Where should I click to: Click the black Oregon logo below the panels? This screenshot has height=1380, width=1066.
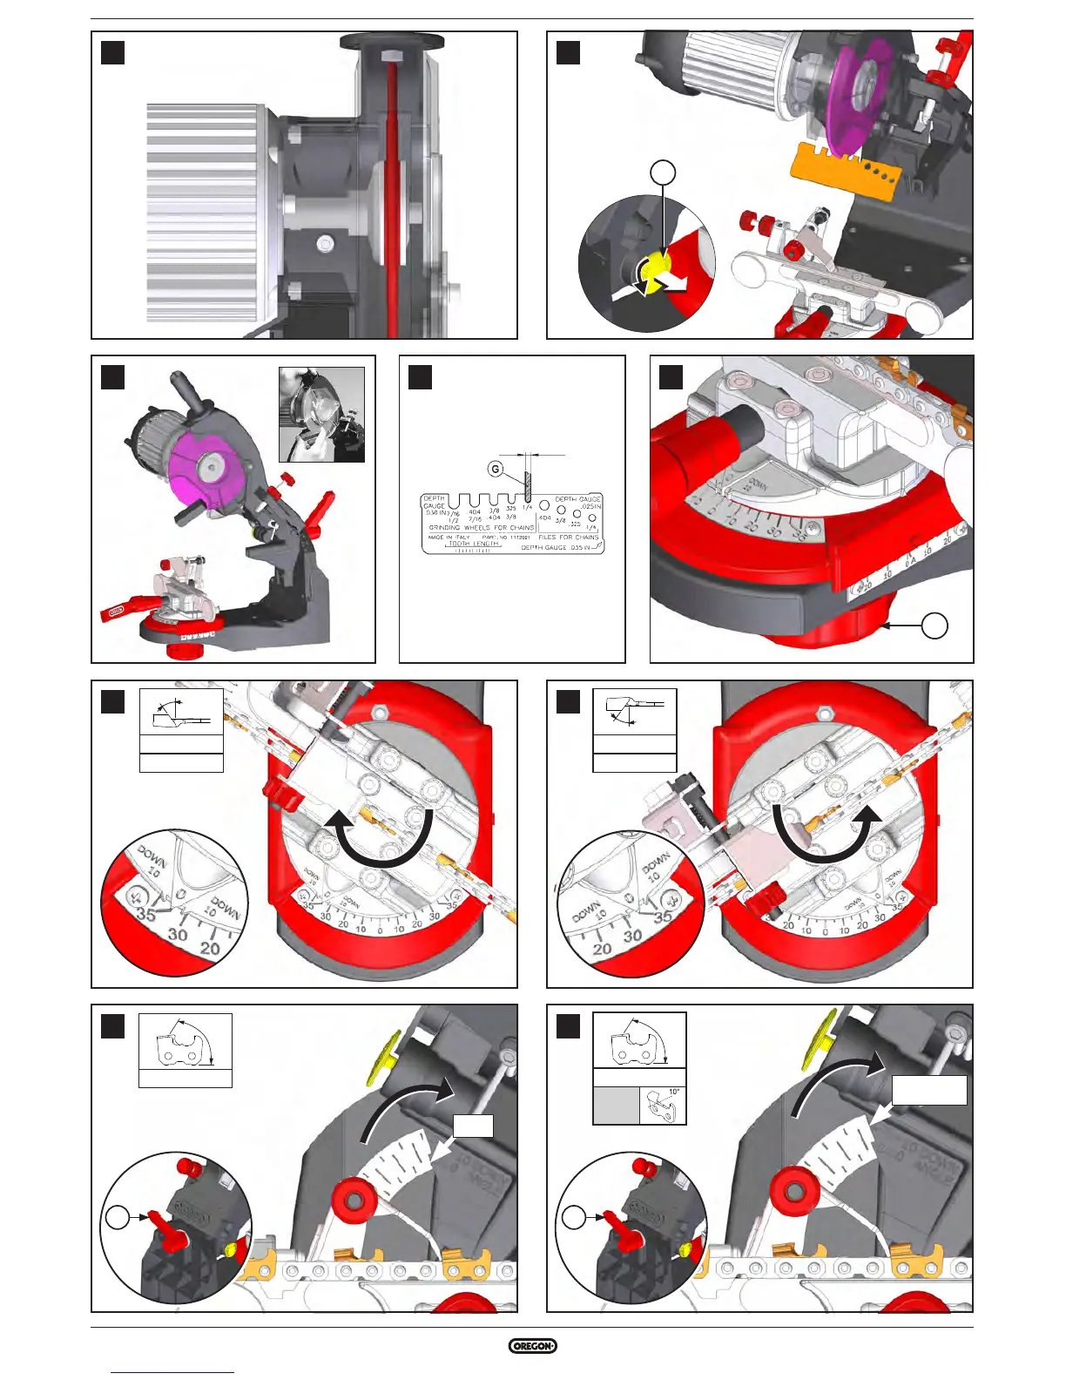(x=532, y=1346)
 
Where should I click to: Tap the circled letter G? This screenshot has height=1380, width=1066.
(x=495, y=470)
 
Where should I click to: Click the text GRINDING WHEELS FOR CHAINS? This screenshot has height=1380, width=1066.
(x=482, y=527)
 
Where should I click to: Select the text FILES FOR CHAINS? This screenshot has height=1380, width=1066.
(x=569, y=537)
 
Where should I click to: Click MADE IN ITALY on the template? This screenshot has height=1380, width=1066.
(x=449, y=537)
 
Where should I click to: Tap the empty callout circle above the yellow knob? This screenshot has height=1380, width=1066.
(x=664, y=173)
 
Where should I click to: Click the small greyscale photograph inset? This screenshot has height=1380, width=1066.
(x=321, y=414)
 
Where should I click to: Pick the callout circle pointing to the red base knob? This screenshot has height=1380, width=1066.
(x=934, y=626)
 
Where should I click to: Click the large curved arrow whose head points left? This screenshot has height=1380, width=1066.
(x=380, y=838)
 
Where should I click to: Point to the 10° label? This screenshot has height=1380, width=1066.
(x=674, y=1092)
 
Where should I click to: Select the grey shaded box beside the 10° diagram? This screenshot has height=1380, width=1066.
(x=616, y=1106)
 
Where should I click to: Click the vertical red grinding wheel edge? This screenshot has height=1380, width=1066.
(x=392, y=200)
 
